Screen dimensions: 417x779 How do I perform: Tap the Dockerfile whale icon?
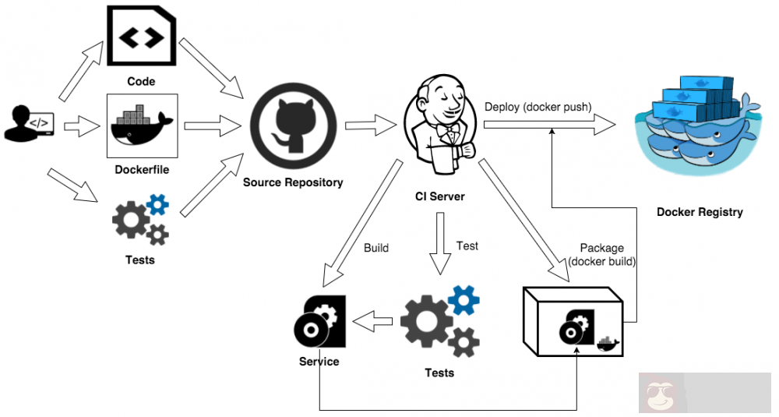coord(142,125)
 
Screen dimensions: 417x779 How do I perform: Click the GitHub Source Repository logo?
coord(294,125)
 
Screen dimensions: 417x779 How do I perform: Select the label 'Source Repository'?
coord(293,182)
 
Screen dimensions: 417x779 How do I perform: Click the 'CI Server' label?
coord(439,196)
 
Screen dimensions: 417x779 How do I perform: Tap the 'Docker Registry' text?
coord(700,212)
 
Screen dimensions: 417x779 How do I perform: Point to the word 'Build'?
coord(376,249)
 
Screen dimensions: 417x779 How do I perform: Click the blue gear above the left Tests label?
coord(158,205)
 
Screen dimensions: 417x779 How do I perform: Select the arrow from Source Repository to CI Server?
coord(371,124)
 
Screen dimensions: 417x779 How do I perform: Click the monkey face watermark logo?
coord(661,393)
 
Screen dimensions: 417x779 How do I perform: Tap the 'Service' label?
coord(319,362)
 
